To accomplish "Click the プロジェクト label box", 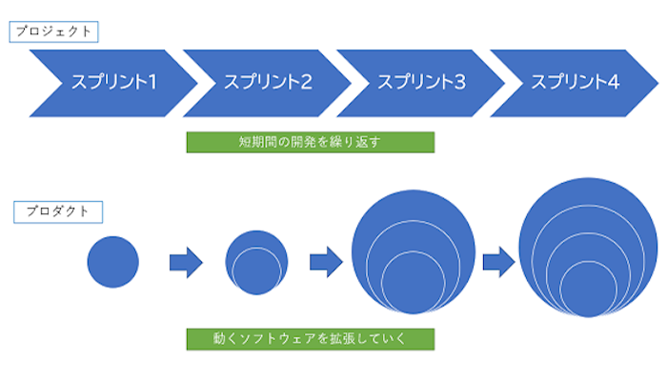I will click(x=55, y=31).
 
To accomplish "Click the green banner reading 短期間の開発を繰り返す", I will click(x=310, y=142).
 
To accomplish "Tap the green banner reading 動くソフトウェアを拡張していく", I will click(x=310, y=338).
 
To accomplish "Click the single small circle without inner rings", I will click(x=112, y=261).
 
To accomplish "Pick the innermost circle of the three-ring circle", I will click(x=413, y=283).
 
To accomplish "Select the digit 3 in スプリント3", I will click(x=459, y=82).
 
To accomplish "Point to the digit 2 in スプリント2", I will click(x=305, y=82).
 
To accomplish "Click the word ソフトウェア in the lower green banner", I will click(x=279, y=338).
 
